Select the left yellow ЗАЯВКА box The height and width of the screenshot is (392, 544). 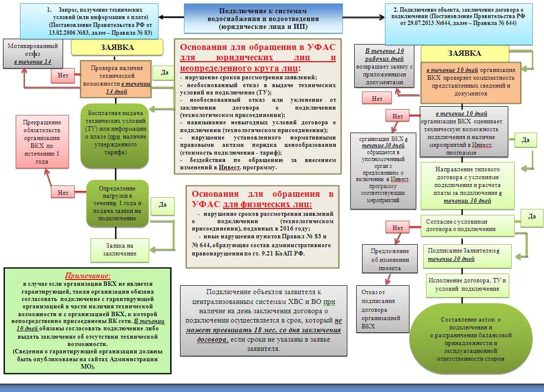click(x=117, y=47)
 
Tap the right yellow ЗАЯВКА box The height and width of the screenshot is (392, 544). click(x=464, y=53)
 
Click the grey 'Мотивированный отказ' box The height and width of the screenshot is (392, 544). click(x=33, y=53)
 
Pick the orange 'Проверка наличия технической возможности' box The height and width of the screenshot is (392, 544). click(x=116, y=80)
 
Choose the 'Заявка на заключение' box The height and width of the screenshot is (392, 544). click(x=120, y=250)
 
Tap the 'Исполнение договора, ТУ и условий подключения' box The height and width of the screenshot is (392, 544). click(x=467, y=284)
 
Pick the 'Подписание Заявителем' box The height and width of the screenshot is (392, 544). click(x=463, y=254)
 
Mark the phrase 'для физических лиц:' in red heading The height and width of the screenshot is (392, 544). click(x=268, y=204)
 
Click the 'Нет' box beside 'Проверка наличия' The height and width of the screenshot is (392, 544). click(x=63, y=75)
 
